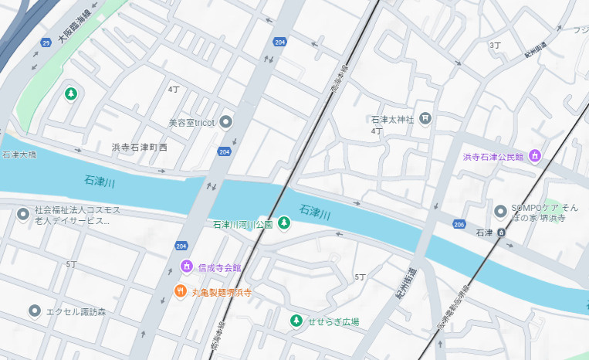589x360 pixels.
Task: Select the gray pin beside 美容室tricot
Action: tap(225, 121)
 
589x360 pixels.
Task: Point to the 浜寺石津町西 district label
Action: tap(139, 147)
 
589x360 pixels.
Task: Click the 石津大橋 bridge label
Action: tap(19, 155)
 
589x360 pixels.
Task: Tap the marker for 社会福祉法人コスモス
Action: tap(22, 211)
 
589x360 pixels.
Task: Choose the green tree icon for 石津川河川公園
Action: tap(284, 224)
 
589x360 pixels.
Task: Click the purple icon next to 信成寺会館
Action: tap(186, 267)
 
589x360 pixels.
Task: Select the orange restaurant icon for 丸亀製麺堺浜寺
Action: tap(180, 291)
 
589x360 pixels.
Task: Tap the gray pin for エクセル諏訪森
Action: tap(34, 311)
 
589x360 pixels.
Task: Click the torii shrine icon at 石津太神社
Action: tap(425, 119)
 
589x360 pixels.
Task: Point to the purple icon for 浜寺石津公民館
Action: tap(535, 157)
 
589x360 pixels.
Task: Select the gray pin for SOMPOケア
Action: tap(501, 209)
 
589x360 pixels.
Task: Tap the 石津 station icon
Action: tap(501, 232)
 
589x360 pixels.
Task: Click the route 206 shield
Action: tap(459, 224)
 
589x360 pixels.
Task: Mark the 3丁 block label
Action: tap(495, 46)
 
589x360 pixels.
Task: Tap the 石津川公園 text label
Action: tap(242, 225)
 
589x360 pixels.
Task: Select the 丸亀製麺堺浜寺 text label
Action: tap(222, 293)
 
